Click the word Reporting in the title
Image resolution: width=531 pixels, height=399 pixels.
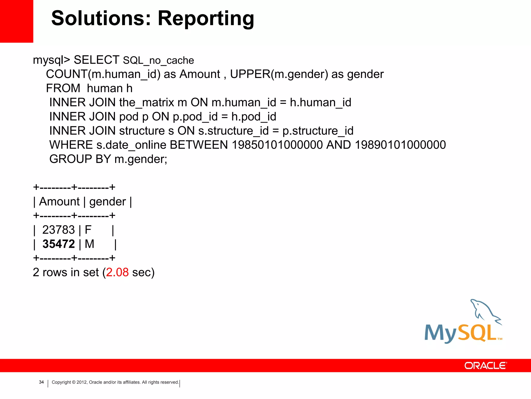[x=206, y=19]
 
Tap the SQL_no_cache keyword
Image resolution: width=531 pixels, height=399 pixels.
[x=158, y=61]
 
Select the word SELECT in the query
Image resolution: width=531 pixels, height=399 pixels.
[x=96, y=60]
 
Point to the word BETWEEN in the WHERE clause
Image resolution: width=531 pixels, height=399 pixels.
[x=199, y=145]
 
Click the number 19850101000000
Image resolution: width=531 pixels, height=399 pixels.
[x=277, y=145]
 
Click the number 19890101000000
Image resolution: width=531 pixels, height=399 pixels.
[x=400, y=145]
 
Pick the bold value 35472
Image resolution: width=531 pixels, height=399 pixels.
[x=59, y=244]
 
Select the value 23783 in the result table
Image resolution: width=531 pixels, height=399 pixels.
[x=59, y=230]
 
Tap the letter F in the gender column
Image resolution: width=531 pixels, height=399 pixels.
[x=88, y=230]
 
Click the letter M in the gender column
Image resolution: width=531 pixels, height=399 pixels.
[x=89, y=244]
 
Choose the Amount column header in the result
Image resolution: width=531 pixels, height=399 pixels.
[x=59, y=202]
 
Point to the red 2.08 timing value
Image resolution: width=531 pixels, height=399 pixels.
[x=117, y=272]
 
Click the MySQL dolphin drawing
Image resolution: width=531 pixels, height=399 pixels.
[x=485, y=312]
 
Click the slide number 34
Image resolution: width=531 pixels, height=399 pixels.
[x=41, y=382]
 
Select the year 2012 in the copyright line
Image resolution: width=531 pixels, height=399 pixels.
[x=82, y=382]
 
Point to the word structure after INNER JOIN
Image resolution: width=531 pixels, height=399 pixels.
[x=142, y=131]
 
